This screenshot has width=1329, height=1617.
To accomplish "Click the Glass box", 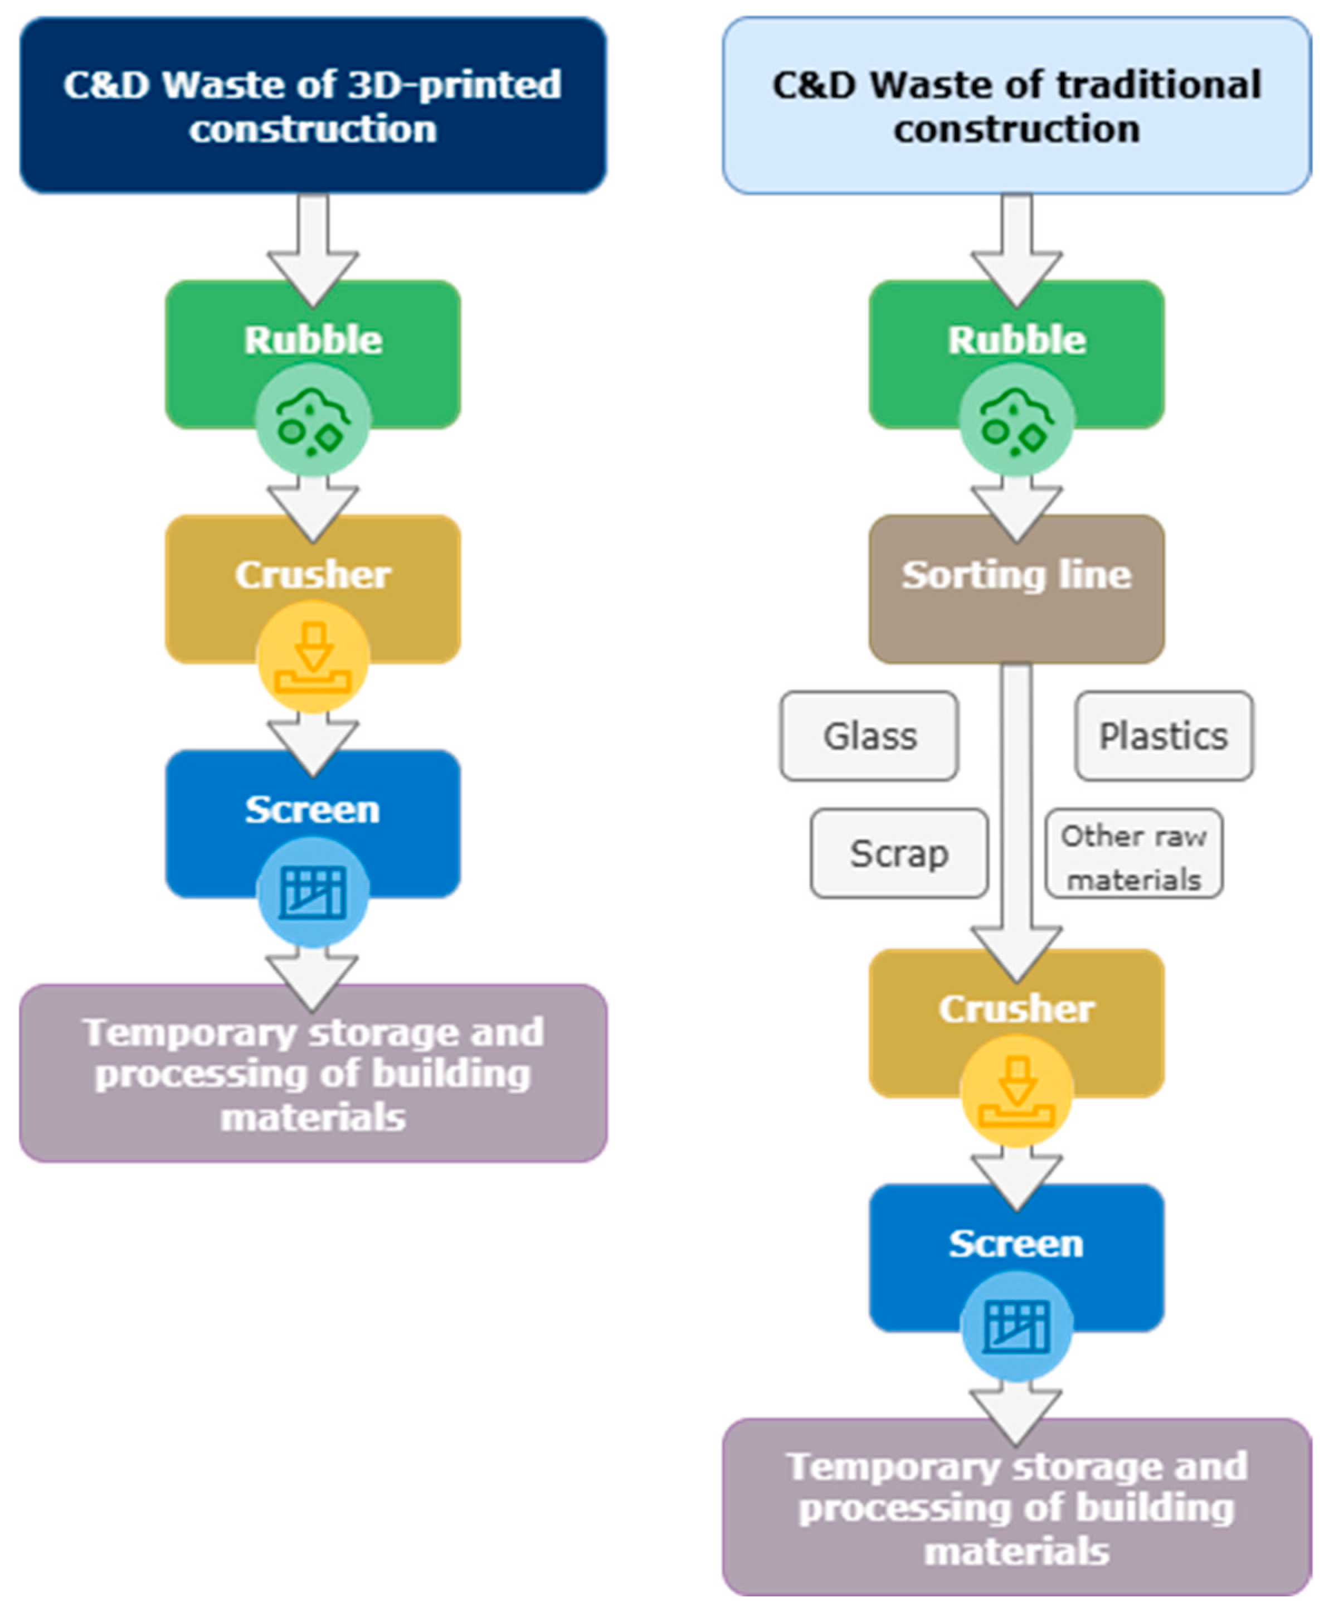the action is (869, 736).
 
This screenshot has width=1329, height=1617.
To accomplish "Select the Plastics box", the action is (1164, 736).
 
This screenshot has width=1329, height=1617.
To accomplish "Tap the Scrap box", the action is (899, 853).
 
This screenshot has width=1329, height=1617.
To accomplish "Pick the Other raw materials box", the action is (1134, 853).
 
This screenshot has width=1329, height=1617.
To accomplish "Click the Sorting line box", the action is (1016, 589).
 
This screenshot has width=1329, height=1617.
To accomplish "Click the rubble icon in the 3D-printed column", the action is (313, 420).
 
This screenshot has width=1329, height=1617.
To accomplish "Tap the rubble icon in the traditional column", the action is (1016, 420).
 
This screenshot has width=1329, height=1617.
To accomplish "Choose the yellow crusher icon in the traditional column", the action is (1016, 1090).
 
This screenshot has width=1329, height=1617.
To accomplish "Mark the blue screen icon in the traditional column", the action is (1016, 1326).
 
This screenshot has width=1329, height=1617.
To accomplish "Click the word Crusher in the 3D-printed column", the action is (313, 574).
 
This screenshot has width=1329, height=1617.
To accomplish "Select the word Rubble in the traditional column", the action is (1016, 339).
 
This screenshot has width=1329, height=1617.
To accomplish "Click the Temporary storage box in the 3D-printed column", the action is (313, 1074).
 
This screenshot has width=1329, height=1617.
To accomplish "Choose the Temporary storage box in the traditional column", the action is (1016, 1507).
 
